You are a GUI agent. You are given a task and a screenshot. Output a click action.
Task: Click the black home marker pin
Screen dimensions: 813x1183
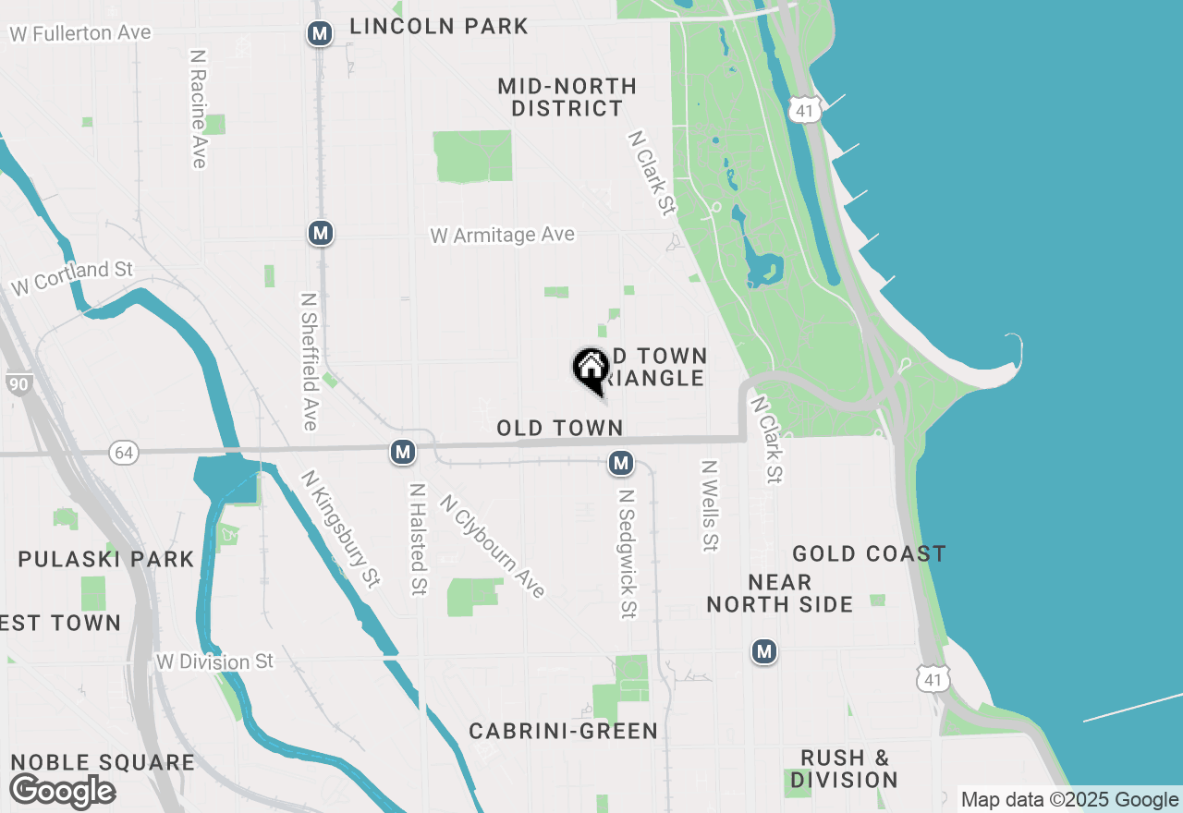(x=591, y=370)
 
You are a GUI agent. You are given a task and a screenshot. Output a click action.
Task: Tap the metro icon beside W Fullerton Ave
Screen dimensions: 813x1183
(x=320, y=34)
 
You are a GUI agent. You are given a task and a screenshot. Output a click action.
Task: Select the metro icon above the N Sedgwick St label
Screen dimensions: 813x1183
(x=621, y=463)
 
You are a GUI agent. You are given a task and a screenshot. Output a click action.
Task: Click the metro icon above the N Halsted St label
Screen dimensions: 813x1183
(x=402, y=452)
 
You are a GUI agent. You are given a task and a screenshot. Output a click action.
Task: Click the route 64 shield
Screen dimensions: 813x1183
(x=124, y=453)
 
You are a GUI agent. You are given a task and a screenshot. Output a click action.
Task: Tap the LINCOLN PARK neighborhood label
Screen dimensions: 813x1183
(x=439, y=27)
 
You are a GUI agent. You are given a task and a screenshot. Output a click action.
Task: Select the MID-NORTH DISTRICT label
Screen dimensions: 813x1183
(x=567, y=97)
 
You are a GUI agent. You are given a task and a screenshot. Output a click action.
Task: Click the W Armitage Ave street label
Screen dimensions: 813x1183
(x=503, y=236)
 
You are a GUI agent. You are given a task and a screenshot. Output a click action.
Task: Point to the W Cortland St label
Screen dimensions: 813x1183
(x=72, y=278)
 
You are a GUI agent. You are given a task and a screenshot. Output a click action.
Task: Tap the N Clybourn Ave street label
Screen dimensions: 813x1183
(x=494, y=546)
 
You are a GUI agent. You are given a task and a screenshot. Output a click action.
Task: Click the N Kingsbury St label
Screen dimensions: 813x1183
(x=340, y=529)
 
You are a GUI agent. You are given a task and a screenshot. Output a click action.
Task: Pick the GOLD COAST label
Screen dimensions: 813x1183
(x=869, y=553)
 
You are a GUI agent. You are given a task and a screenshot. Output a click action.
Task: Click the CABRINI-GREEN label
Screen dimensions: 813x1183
(x=564, y=732)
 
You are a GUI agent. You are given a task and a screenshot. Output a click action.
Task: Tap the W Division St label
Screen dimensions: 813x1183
(x=215, y=661)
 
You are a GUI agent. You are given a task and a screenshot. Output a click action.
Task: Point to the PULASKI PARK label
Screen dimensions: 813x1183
(x=106, y=559)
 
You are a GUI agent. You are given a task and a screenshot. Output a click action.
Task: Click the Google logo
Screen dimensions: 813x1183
(x=62, y=791)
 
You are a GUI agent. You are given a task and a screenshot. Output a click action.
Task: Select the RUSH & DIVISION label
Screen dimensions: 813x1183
(x=845, y=769)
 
